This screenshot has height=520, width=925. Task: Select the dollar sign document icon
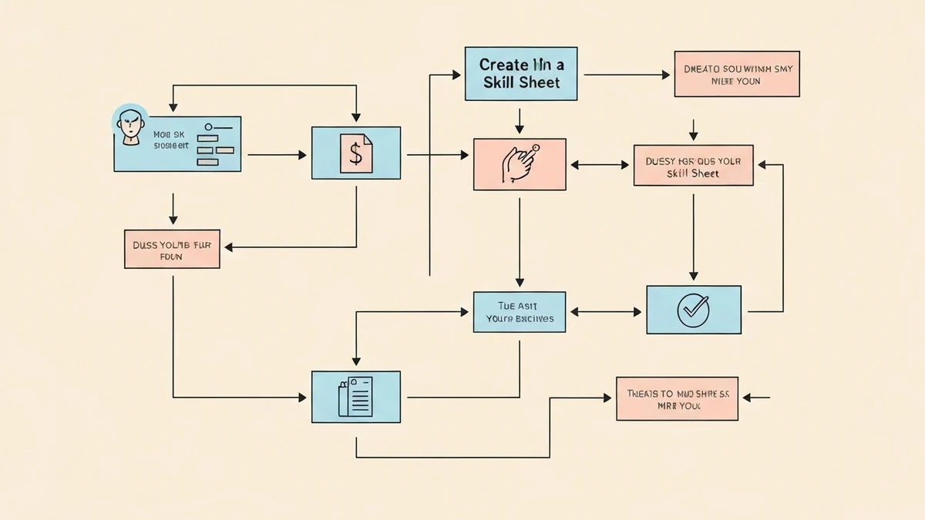pos(355,153)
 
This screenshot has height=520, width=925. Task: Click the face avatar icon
pos(131,126)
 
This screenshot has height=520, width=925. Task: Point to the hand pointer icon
pos(519,164)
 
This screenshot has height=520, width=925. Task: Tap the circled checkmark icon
pos(693,310)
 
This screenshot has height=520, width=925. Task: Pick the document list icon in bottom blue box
pos(355,396)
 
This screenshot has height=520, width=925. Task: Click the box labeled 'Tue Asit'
pos(519,312)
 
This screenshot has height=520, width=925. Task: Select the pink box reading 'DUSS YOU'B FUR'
pos(172,249)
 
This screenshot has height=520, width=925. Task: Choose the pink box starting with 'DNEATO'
pos(736,74)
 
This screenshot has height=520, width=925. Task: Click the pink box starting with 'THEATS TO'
pos(677,398)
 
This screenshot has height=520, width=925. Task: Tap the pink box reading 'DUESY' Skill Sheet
pos(692,165)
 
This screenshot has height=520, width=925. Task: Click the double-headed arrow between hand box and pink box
pos(600,165)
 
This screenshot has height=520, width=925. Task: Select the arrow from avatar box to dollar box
pos(277,155)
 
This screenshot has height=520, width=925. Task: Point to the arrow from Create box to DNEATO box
pos(627,75)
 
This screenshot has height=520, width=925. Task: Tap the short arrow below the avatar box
pos(173,208)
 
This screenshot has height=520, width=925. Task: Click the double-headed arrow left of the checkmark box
pos(605,312)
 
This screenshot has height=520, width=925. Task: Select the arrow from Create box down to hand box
pos(520,120)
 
